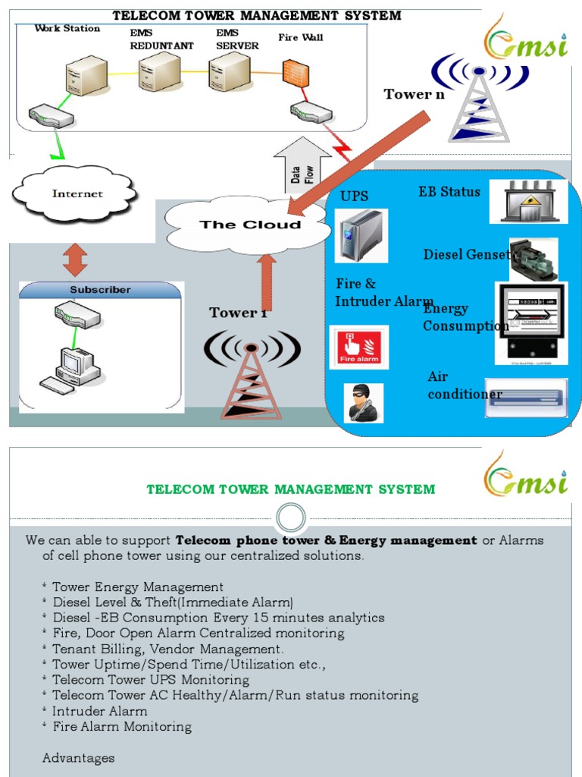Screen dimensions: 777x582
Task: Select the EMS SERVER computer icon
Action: click(229, 73)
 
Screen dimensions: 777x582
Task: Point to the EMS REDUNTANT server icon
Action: click(159, 73)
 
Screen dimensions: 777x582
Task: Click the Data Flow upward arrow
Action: click(302, 170)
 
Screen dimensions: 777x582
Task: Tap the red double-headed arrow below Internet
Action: click(75, 259)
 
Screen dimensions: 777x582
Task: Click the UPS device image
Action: click(361, 236)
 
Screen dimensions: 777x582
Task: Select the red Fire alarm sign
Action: click(358, 348)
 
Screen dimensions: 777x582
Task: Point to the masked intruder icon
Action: click(364, 402)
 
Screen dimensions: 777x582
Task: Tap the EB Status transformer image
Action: click(528, 202)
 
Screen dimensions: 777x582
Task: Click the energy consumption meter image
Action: click(530, 322)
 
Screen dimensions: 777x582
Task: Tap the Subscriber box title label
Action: click(100, 290)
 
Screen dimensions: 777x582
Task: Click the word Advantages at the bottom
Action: click(79, 758)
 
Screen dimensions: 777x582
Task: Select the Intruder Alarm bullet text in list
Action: click(99, 711)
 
